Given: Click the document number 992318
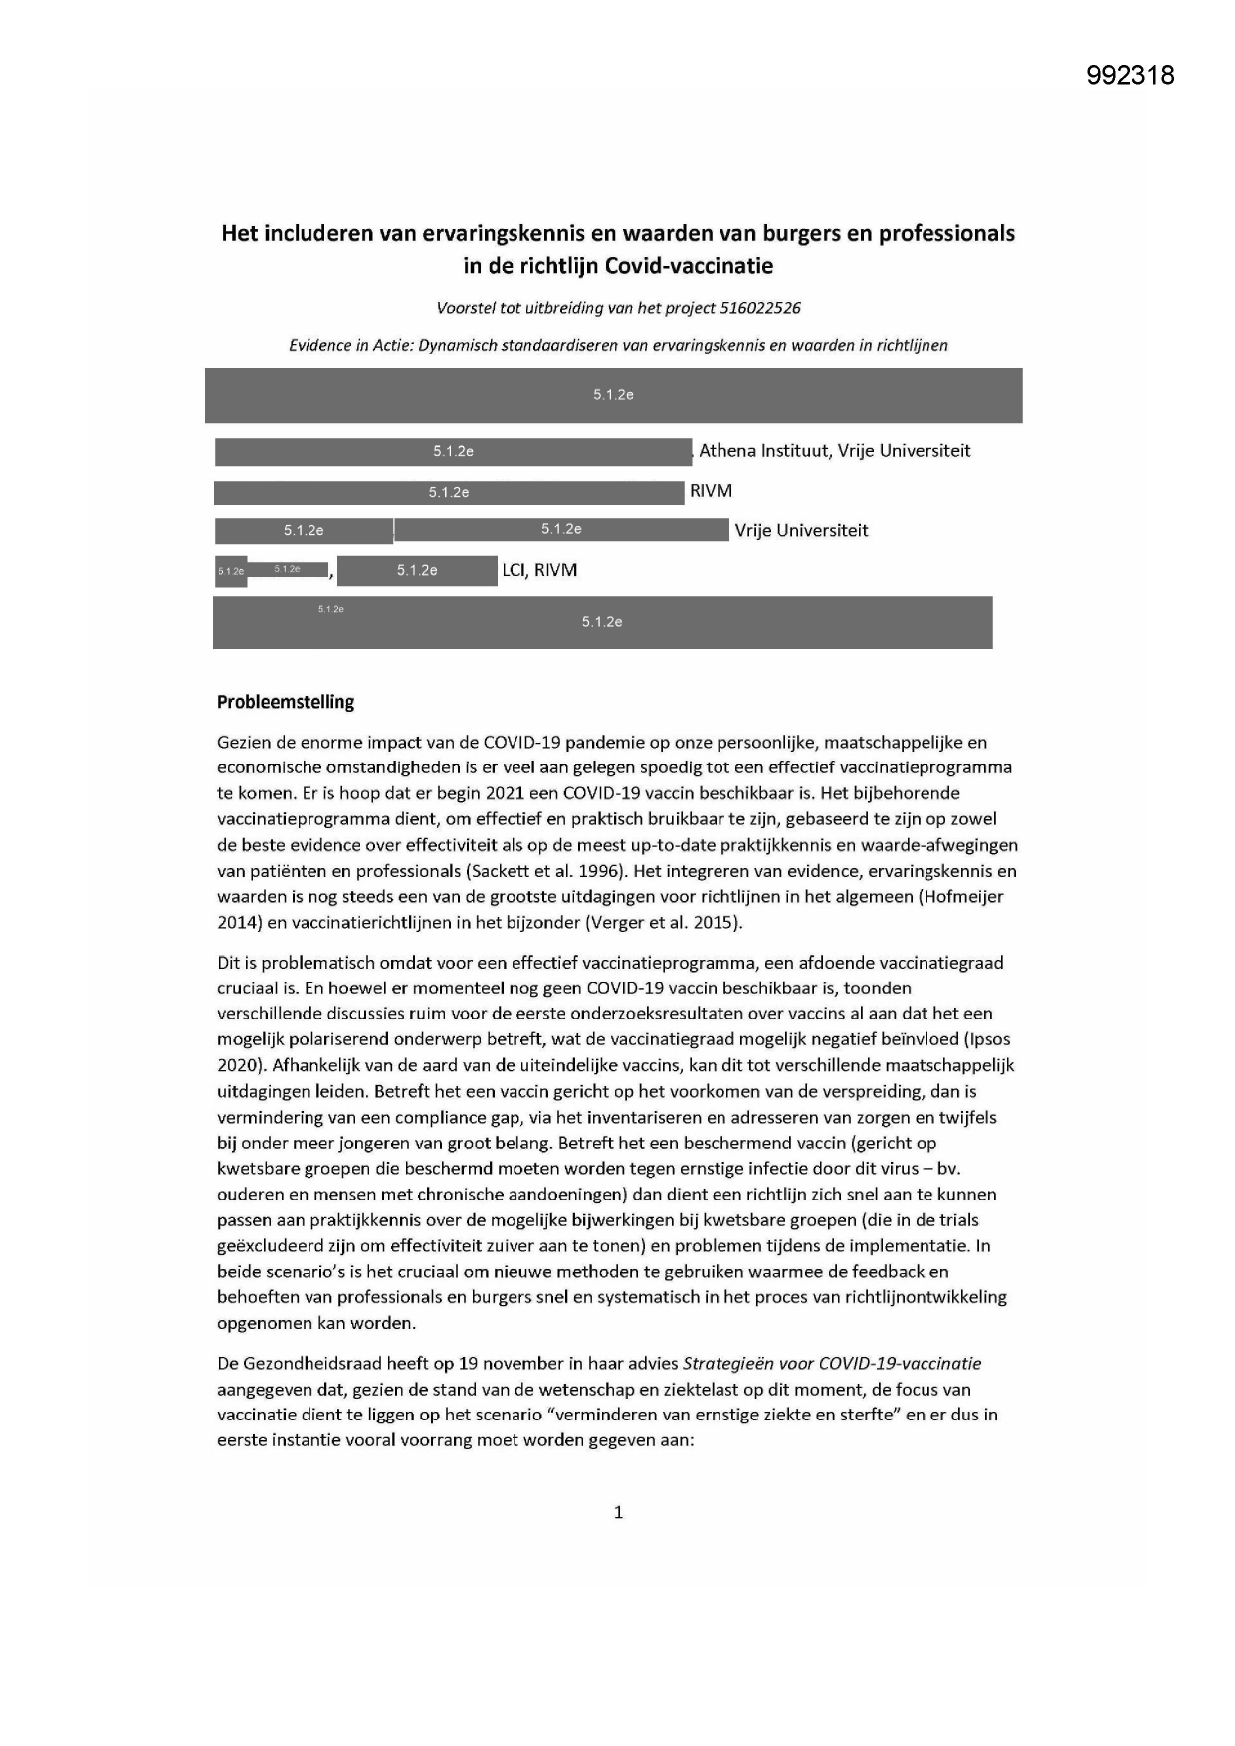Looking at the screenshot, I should (x=1131, y=75).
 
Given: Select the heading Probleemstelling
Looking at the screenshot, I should (x=286, y=702).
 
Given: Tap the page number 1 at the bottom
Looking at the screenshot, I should (x=618, y=1512).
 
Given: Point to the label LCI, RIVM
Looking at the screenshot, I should (x=539, y=570).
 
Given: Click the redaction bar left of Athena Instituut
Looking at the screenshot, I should (x=453, y=452).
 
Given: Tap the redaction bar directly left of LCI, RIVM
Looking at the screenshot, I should (x=417, y=571).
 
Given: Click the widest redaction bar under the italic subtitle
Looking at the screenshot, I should (x=613, y=395).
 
